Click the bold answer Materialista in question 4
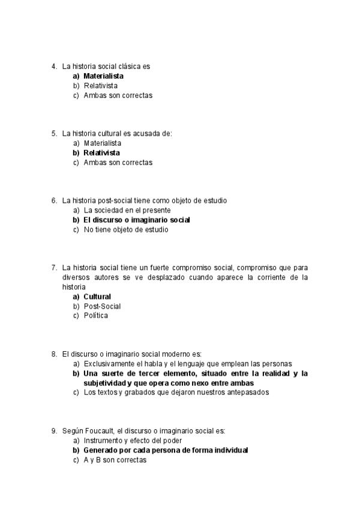click(103, 76)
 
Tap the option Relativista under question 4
click(100, 86)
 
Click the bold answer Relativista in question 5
click(101, 153)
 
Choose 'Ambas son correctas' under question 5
click(118, 163)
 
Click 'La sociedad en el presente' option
click(127, 211)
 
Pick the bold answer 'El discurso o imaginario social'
click(137, 220)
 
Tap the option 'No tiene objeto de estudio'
click(126, 230)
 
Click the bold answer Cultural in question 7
click(97, 297)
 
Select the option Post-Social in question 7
click(102, 306)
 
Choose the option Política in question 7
click(96, 316)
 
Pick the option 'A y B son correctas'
click(115, 460)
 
